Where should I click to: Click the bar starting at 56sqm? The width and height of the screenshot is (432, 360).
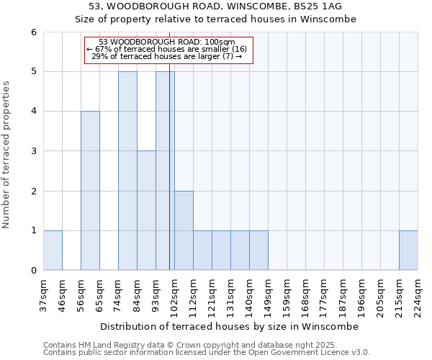[x=90, y=191]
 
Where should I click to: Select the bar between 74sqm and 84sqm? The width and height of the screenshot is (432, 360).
[x=127, y=171]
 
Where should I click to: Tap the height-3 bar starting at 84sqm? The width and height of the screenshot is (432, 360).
[x=146, y=210]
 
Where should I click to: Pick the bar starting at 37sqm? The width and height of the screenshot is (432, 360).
[x=53, y=251]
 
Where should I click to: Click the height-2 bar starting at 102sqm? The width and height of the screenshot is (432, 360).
[x=184, y=230]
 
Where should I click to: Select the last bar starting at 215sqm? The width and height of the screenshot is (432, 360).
[x=408, y=251]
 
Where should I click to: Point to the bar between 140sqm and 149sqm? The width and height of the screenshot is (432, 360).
[x=258, y=251]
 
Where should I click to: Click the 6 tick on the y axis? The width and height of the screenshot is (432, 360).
[x=34, y=32]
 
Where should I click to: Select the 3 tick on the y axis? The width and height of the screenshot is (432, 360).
[x=34, y=151]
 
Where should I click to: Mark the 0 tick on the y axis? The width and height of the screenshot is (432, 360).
[x=34, y=271]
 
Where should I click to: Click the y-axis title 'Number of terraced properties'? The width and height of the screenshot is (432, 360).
[x=7, y=155]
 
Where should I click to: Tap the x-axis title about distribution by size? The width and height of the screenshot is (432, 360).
[x=230, y=326]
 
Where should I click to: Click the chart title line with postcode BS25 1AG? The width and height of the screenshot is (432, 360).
[x=216, y=6]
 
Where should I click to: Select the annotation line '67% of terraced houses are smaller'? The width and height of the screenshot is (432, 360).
[x=167, y=49]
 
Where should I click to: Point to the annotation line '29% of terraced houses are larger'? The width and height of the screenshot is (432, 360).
[x=167, y=56]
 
